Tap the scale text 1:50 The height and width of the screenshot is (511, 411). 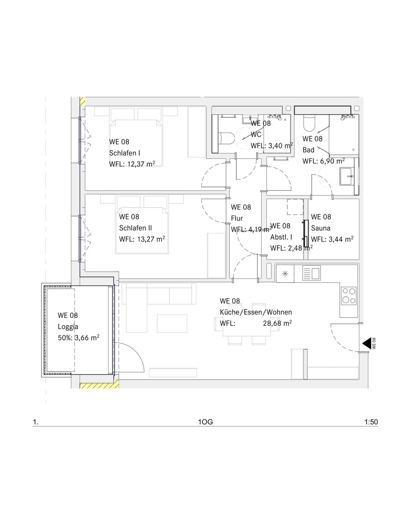click(x=371, y=422)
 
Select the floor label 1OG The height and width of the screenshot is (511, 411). click(x=205, y=422)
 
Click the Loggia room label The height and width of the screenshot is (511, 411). click(x=68, y=326)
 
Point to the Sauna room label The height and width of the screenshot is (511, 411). click(x=321, y=228)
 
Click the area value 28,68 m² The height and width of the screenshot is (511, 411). click(x=277, y=323)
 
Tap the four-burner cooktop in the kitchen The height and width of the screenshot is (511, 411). click(x=349, y=296)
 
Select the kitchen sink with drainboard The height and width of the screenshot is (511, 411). click(x=312, y=273)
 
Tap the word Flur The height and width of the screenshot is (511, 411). click(x=237, y=218)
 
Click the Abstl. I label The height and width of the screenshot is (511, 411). click(x=281, y=237)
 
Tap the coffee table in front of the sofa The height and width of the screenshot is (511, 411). click(x=172, y=323)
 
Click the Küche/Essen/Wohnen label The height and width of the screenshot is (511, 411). click(x=256, y=312)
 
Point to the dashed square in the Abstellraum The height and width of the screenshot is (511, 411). click(x=295, y=207)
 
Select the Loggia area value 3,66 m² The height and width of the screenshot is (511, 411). click(x=87, y=337)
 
